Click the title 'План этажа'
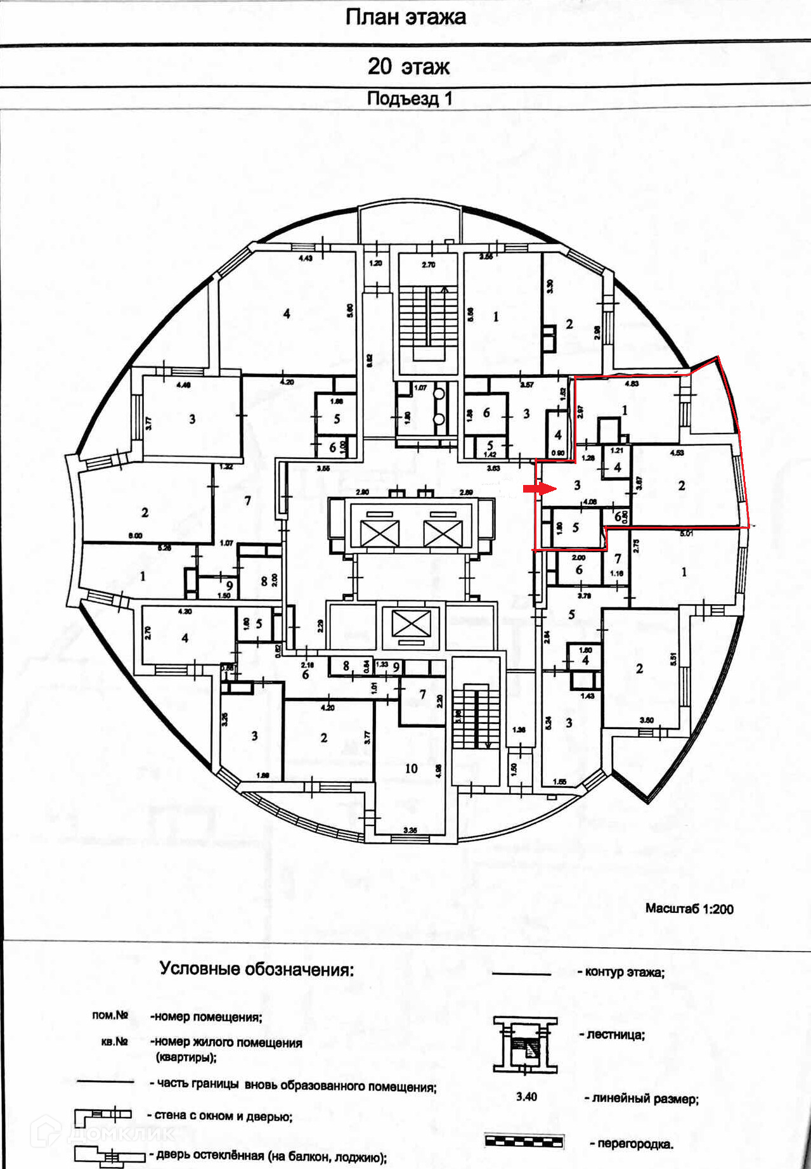(405, 17)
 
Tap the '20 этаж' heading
(408, 66)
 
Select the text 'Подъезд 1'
(409, 98)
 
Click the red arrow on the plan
(539, 489)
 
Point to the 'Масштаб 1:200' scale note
(689, 908)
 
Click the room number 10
(411, 768)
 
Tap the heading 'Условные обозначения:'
(256, 969)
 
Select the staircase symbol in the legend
(525, 1045)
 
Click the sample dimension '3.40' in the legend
(526, 1097)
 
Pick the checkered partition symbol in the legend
(524, 1141)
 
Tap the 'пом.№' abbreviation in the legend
(110, 1015)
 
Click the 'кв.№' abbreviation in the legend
(115, 1042)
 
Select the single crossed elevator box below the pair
(411, 624)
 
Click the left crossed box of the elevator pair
(379, 533)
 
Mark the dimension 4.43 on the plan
(306, 258)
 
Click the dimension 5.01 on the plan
(686, 534)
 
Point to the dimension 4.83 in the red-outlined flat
(632, 384)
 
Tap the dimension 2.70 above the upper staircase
(429, 264)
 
